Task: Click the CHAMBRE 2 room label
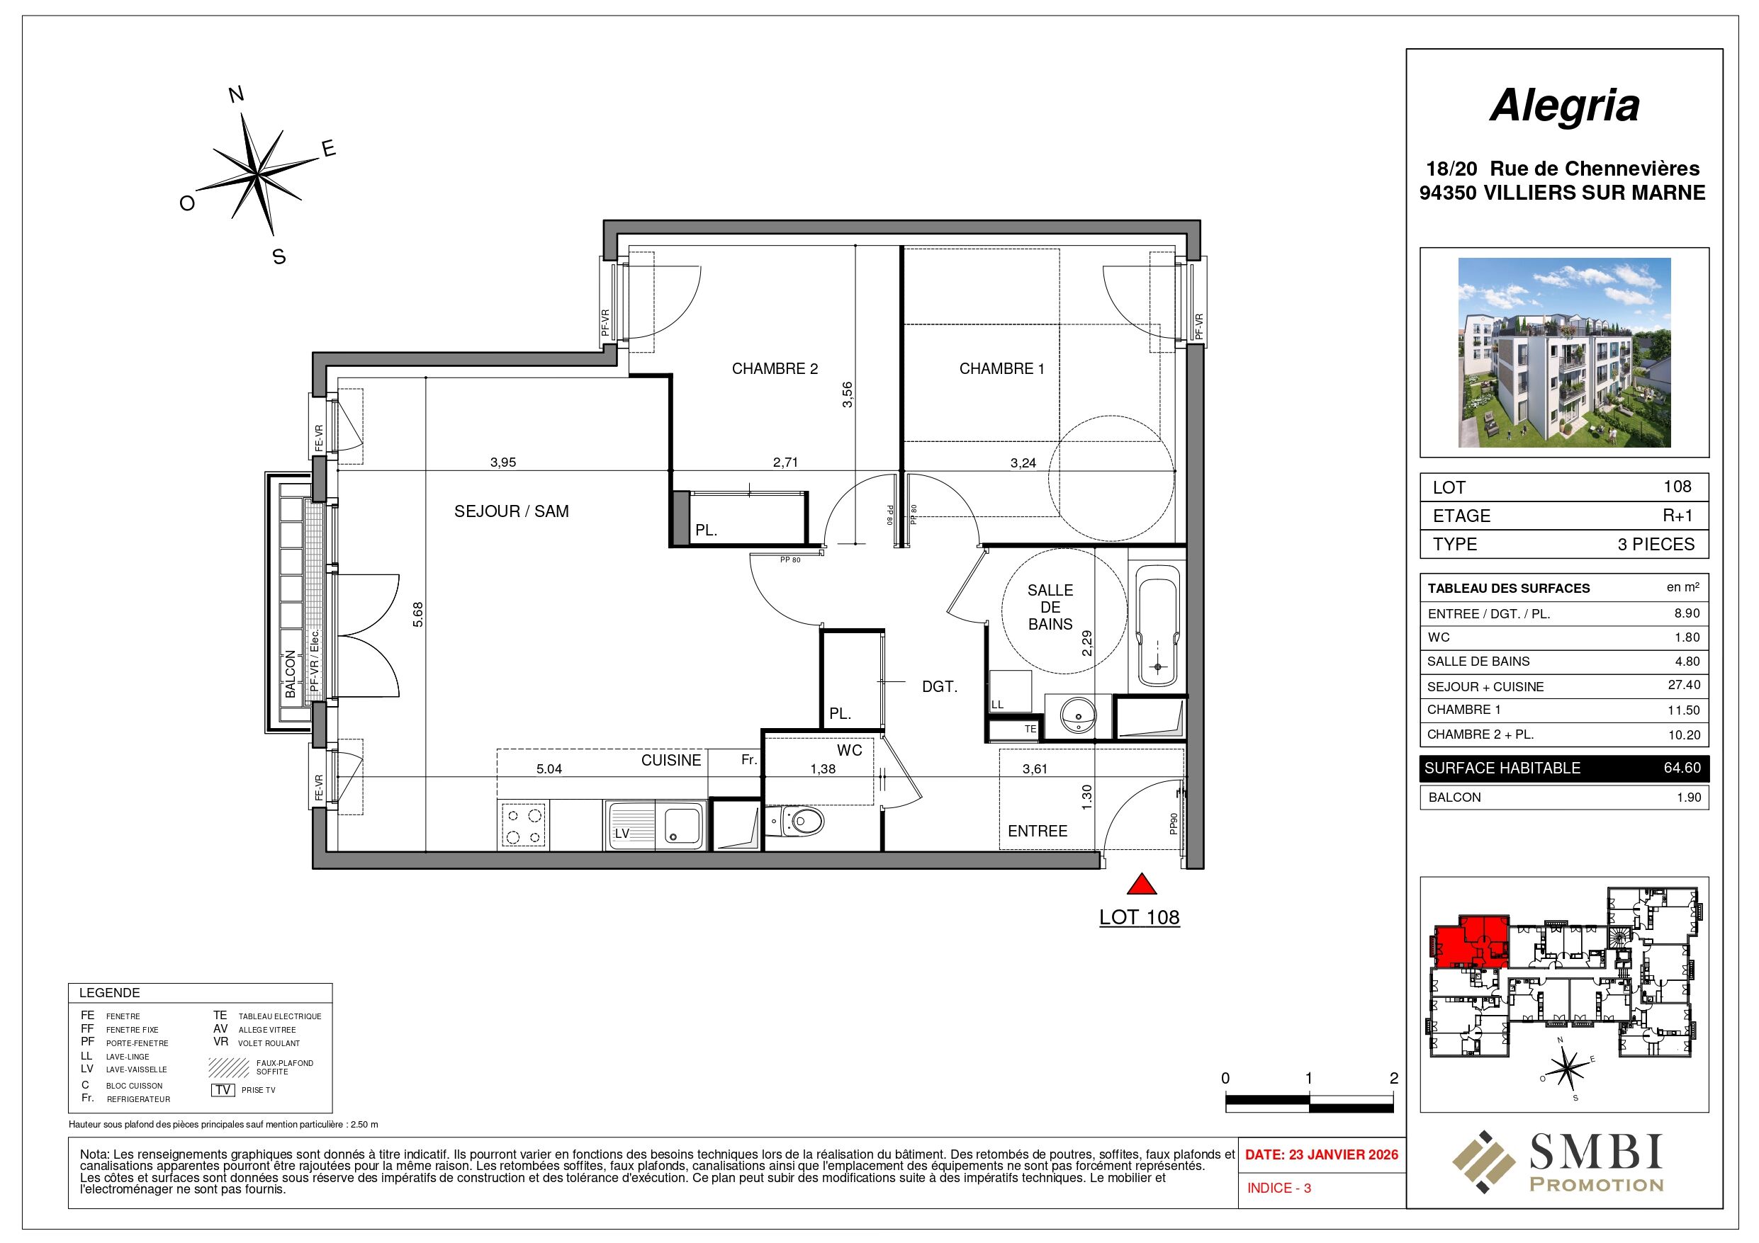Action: coord(775,369)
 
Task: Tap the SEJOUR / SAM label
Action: coord(511,511)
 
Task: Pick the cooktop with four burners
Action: coord(523,825)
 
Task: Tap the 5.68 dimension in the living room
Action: coord(417,615)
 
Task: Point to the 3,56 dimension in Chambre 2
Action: coord(848,395)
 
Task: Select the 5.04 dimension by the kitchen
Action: coord(549,769)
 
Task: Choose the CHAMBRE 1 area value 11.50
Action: coord(1683,710)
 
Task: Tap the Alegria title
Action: coord(1563,106)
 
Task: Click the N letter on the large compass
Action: coord(237,95)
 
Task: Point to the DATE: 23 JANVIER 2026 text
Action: coord(1322,1155)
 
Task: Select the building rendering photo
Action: coord(1563,352)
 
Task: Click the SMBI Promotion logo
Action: coord(1558,1162)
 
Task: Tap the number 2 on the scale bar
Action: coord(1393,1079)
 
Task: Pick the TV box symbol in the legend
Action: coord(223,1090)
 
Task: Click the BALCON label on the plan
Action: coord(291,674)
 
